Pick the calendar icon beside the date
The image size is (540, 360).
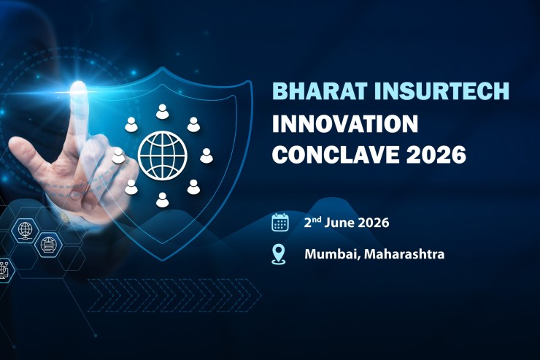[280, 222]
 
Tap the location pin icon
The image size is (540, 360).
[279, 254]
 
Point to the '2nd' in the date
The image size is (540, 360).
[314, 221]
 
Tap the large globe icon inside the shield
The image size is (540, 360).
[162, 154]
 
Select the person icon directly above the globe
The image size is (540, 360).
[162, 111]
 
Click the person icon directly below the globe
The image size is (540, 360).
[162, 199]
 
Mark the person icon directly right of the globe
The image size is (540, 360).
[207, 155]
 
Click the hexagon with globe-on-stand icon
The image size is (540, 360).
[24, 229]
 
